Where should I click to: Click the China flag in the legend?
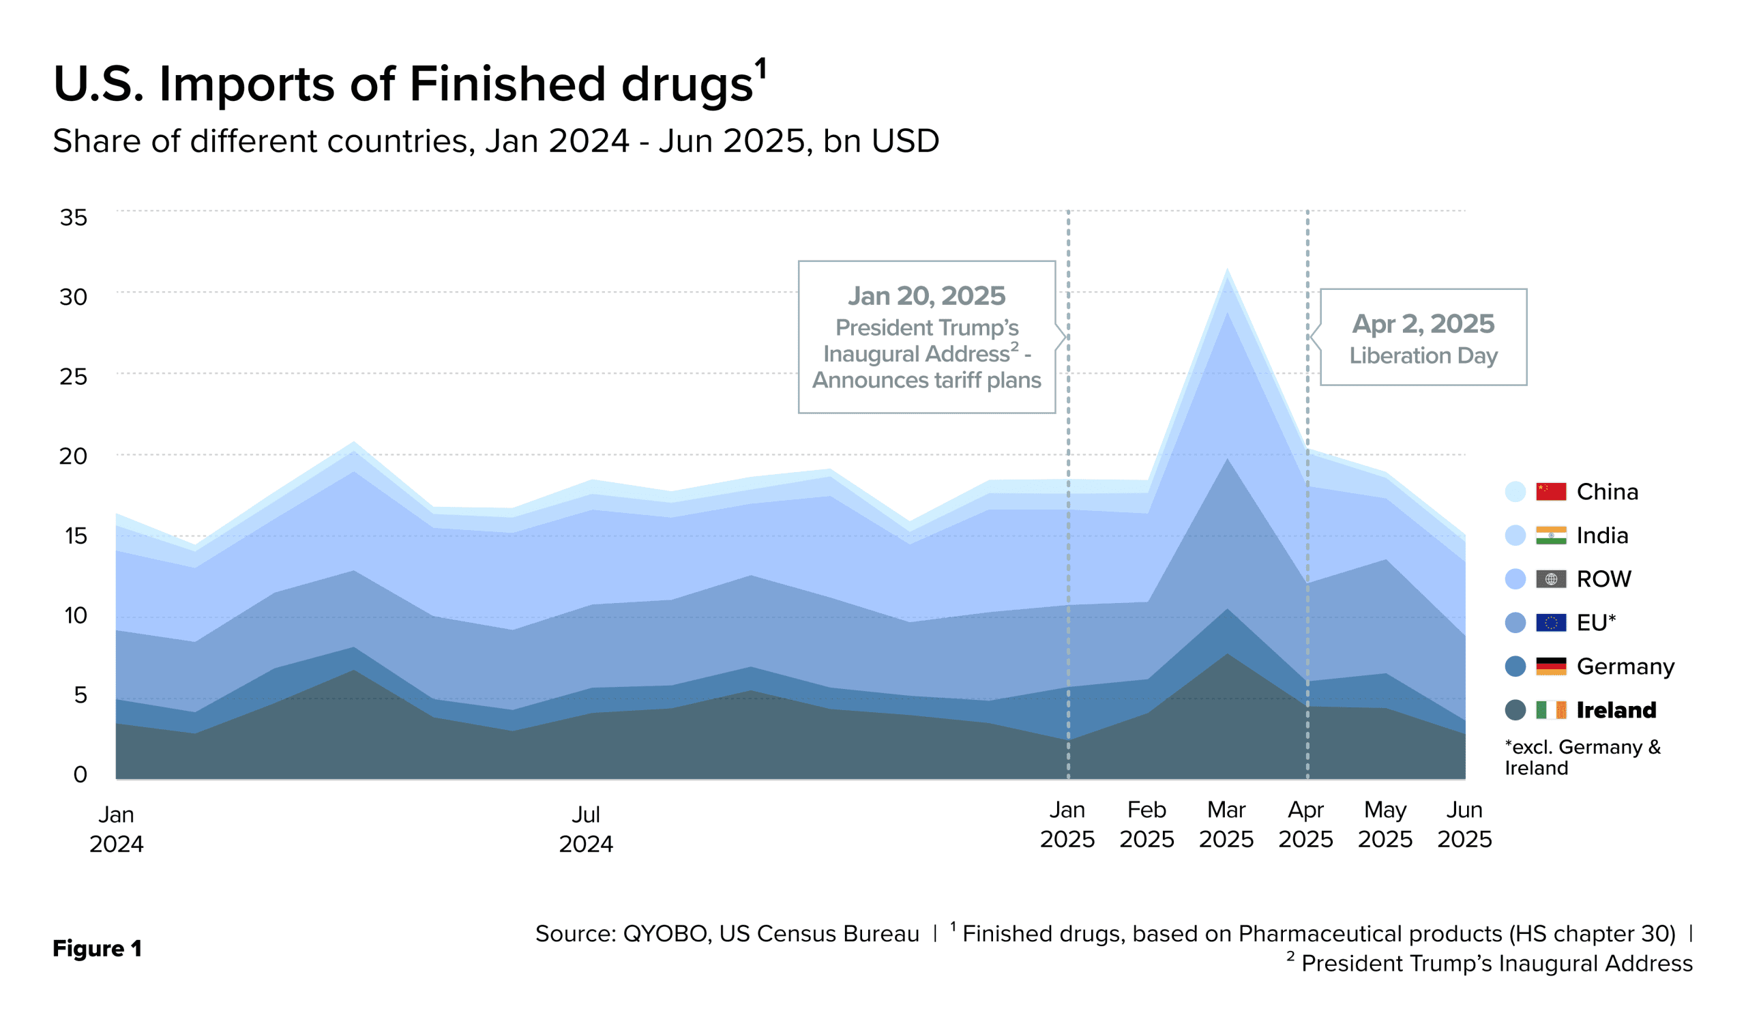pos(1551,491)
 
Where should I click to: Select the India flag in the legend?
pos(1551,535)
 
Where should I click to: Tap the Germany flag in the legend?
pos(1551,666)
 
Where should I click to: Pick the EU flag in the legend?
pos(1551,622)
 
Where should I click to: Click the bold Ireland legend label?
pos(1616,709)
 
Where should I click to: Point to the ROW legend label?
pos(1603,578)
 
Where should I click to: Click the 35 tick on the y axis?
pos(74,218)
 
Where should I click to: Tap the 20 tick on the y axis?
pos(74,456)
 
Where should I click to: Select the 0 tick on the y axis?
pos(80,774)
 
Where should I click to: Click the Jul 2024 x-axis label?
pos(585,829)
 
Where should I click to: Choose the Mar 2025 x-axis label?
pos(1226,824)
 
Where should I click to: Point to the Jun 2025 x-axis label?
pos(1464,824)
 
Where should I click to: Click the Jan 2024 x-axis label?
pos(117,829)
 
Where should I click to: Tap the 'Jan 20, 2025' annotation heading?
pos(926,296)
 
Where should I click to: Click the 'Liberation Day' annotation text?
pos(1423,355)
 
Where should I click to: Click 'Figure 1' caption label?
pos(97,948)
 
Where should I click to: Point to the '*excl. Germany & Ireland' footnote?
pos(1582,757)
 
